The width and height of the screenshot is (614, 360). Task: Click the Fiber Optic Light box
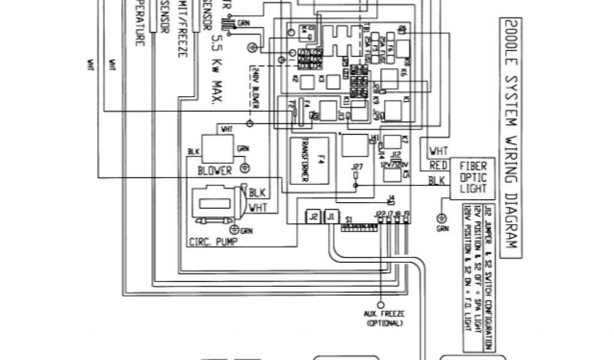coord(472,178)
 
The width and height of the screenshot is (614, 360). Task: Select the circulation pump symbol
coord(215,203)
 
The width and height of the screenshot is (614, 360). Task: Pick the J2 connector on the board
coord(312,217)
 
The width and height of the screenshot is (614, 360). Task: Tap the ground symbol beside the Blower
coord(244,162)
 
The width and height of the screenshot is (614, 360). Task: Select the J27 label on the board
coord(358,166)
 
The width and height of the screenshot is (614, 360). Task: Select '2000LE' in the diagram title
coord(509,40)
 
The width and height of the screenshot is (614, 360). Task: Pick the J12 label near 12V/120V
coord(395,154)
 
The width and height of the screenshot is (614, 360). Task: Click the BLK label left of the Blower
coord(193,152)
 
